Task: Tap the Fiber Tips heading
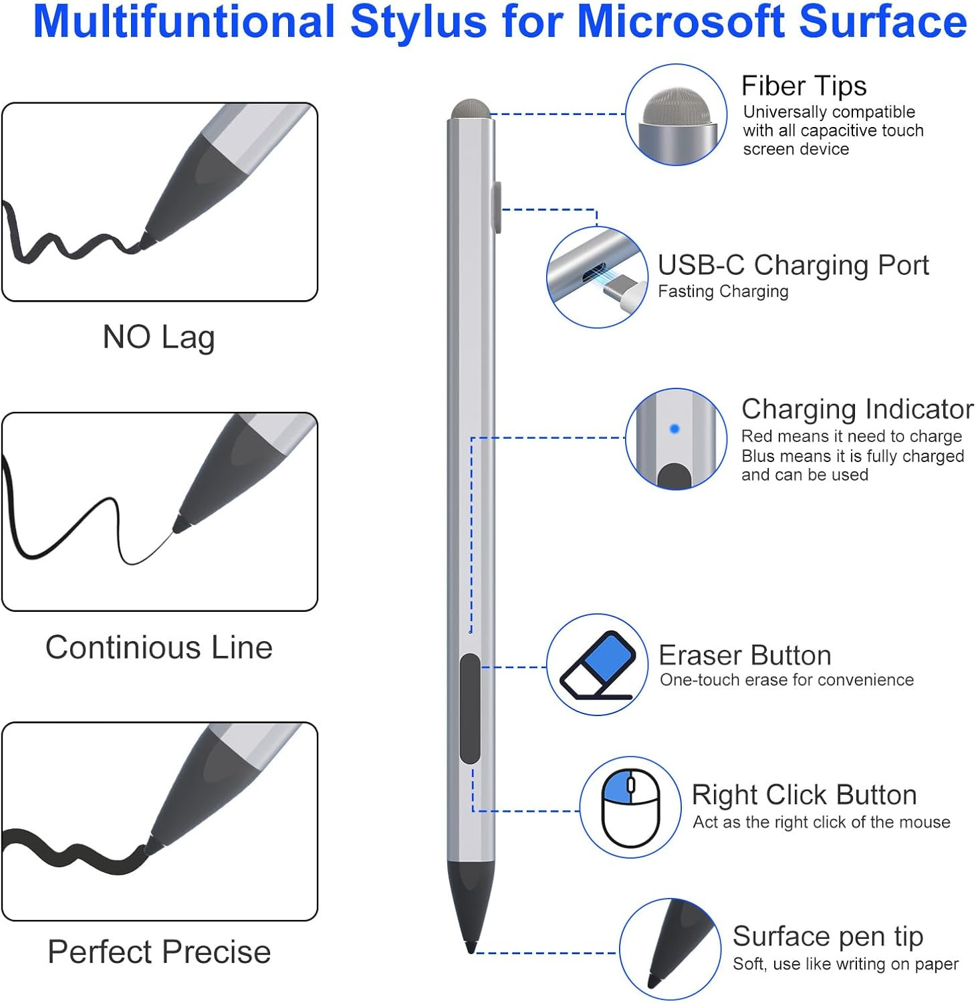click(x=804, y=86)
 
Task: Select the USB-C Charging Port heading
click(x=793, y=265)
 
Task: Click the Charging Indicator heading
click(x=857, y=409)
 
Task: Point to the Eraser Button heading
click(x=745, y=655)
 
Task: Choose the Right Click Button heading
click(x=804, y=795)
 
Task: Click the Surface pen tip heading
click(x=828, y=936)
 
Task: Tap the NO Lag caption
click(x=158, y=337)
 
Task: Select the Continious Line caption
click(x=159, y=647)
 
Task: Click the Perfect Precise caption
click(x=159, y=952)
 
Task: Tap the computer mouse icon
click(x=630, y=808)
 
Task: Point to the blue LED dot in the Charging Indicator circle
click(x=675, y=429)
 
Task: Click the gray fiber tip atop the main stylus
click(x=470, y=109)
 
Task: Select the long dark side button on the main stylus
click(x=470, y=709)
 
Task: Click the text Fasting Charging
click(x=723, y=292)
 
